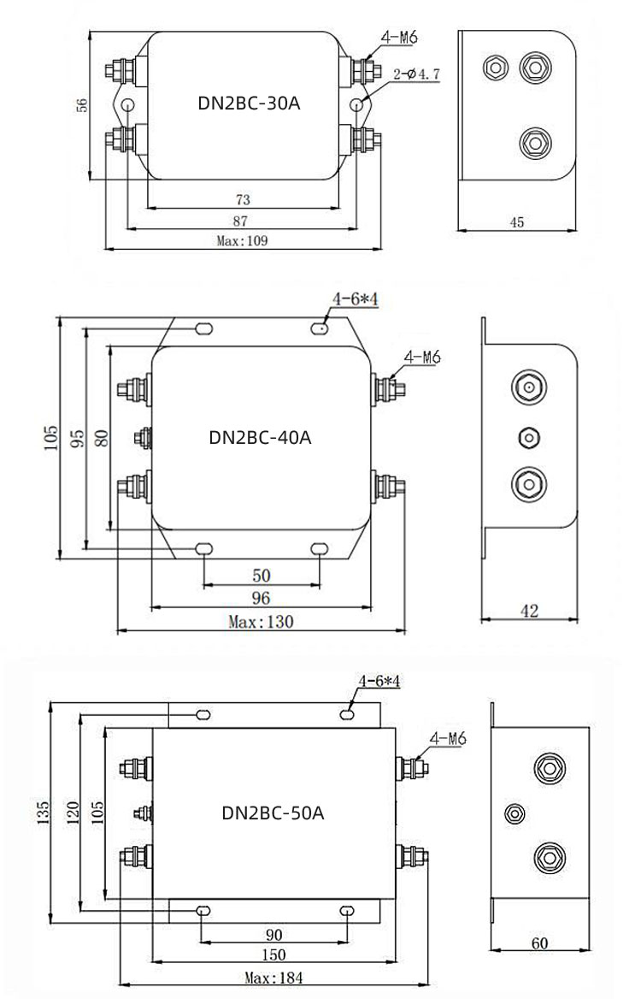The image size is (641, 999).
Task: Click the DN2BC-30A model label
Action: click(249, 104)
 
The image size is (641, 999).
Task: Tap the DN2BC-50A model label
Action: click(273, 812)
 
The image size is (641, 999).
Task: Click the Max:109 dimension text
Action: click(242, 240)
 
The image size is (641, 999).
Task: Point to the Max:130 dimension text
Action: click(261, 622)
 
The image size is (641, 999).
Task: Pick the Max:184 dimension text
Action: click(273, 978)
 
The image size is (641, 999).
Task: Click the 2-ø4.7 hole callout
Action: click(417, 75)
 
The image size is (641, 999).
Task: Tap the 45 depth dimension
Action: click(516, 222)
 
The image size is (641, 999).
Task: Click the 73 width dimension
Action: click(242, 199)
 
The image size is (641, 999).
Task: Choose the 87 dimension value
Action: click(242, 221)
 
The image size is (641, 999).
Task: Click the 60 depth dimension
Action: click(539, 943)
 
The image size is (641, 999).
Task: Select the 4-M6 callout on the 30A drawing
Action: click(400, 39)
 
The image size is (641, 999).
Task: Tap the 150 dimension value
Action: click(273, 955)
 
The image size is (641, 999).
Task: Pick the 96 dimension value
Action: click(261, 597)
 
